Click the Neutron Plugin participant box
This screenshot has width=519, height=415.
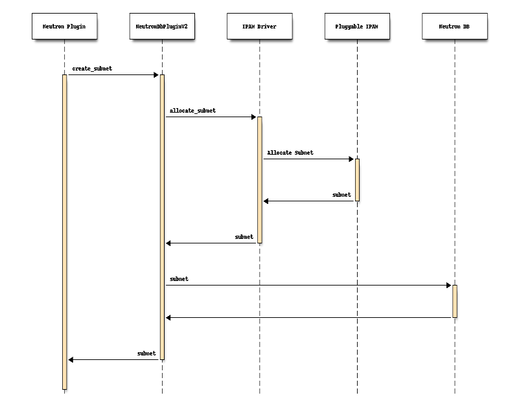(x=64, y=27)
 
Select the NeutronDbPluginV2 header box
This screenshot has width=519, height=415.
(x=162, y=27)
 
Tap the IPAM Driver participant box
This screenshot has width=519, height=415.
(x=259, y=27)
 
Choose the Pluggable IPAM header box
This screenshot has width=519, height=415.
(x=357, y=27)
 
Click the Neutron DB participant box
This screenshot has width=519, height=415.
(x=454, y=27)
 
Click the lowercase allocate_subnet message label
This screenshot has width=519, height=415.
(x=192, y=111)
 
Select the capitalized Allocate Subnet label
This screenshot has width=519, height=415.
(x=290, y=153)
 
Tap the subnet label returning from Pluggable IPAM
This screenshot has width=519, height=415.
(x=341, y=194)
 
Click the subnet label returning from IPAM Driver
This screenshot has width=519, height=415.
(x=244, y=237)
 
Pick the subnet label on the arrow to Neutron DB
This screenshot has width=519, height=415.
(x=179, y=279)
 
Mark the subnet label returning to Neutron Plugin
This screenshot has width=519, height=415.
(x=146, y=353)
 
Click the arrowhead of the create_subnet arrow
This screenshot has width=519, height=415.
(x=156, y=75)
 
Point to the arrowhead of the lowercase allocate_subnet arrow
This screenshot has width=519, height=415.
(x=253, y=117)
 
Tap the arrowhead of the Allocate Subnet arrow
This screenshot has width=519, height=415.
(x=351, y=159)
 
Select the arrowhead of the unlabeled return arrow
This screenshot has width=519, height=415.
(x=169, y=318)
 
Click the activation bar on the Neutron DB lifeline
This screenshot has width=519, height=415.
(x=454, y=301)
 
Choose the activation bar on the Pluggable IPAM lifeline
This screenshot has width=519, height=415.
(x=357, y=180)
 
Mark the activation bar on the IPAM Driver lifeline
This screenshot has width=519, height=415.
(x=259, y=180)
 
